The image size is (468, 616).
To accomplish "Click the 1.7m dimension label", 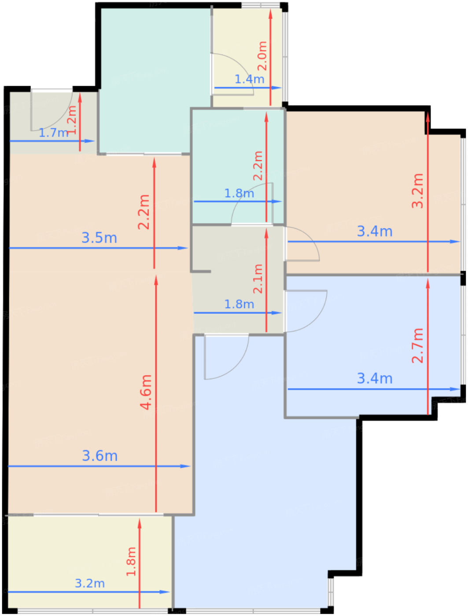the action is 53,132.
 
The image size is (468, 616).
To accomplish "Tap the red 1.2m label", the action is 72,120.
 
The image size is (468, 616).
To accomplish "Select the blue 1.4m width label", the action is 249,79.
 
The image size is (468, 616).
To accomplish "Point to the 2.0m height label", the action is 262,56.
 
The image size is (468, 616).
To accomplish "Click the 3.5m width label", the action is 99,238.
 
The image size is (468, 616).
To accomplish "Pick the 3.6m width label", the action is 99,456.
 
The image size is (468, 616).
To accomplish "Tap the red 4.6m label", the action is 146,392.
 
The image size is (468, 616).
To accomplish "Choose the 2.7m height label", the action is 417,345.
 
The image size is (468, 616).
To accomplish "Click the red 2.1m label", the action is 258,279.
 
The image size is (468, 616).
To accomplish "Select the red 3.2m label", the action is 417,191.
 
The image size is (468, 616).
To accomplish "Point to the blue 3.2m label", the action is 90,583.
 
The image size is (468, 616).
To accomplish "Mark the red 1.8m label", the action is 131,561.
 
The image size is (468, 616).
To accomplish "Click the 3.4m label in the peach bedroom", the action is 375,231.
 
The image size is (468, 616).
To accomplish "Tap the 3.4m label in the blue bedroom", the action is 375,378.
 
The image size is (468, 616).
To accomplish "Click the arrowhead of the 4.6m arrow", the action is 156,280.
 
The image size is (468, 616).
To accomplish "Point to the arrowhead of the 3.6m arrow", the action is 185,466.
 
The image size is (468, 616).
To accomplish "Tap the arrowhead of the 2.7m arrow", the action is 427,283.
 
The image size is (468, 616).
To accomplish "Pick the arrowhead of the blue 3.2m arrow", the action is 165,592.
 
